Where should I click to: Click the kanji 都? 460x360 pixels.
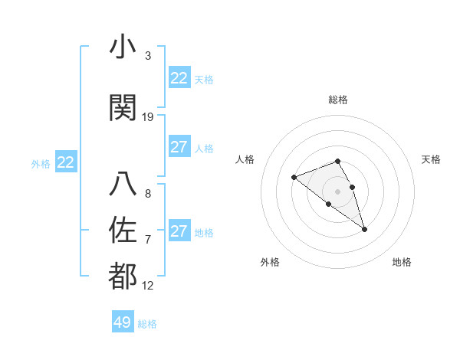coord(123,277)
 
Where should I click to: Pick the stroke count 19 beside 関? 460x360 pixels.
coord(148,117)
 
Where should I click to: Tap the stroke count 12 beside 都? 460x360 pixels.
coord(148,286)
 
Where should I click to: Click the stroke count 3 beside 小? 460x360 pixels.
coord(148,56)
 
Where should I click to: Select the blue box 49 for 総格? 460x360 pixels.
coord(123,322)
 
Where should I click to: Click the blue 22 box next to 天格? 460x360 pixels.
coord(179,78)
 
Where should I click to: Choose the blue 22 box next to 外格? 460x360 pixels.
coord(65,162)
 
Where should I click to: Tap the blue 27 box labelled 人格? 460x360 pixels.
coord(179,147)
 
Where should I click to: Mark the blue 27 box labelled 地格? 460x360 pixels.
coord(179,231)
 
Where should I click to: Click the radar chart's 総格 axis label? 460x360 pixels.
coord(338,100)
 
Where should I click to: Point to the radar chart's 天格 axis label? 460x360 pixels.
coord(431,159)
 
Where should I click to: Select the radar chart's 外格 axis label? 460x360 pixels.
coord(270,262)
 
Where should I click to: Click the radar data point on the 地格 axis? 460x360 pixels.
coord(364,229)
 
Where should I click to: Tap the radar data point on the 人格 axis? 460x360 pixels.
coord(294,177)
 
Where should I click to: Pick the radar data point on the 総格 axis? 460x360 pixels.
coord(338,161)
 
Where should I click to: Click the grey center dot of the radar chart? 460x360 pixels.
coord(338,191)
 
